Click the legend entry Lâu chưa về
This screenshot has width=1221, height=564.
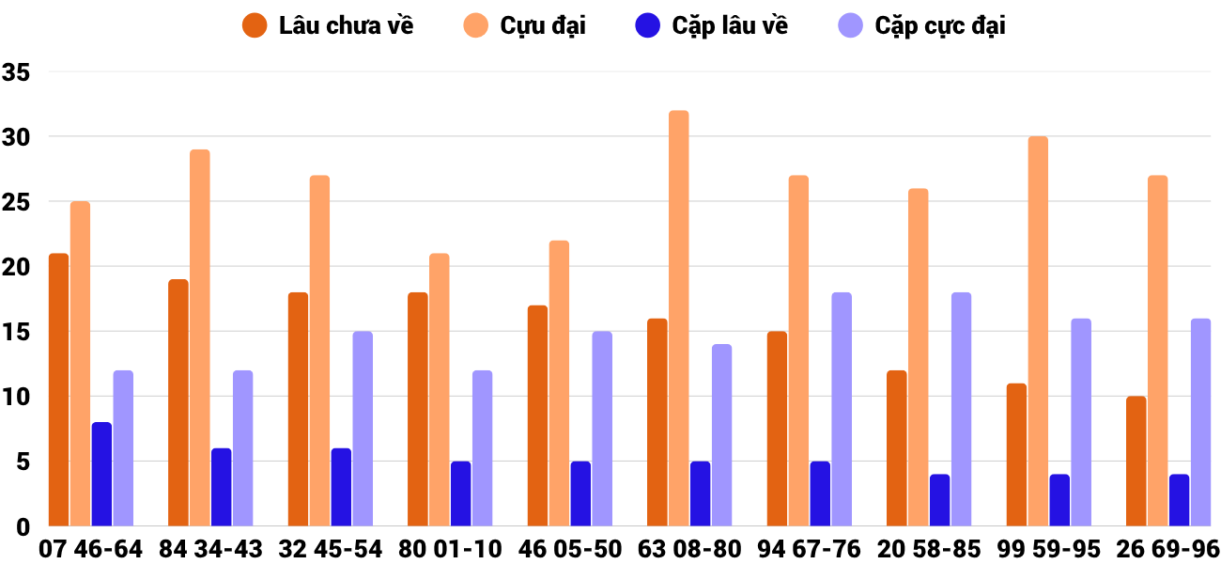tap(328, 26)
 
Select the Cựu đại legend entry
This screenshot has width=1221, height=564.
tap(526, 26)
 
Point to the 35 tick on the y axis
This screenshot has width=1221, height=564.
tap(17, 72)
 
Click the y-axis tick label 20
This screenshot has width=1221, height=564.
tap(17, 267)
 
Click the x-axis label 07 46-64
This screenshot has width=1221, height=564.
tap(90, 549)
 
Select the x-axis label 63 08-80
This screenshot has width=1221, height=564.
tap(689, 549)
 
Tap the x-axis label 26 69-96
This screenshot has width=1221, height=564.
tap(1167, 549)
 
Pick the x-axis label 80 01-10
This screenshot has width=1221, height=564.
tap(450, 549)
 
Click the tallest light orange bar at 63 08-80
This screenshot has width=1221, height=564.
tap(678, 319)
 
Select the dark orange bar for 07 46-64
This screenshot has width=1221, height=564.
tap(58, 390)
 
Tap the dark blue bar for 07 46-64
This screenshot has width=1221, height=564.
tap(101, 475)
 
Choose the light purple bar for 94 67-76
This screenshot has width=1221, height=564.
tap(842, 410)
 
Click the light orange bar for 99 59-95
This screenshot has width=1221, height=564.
tap(1038, 332)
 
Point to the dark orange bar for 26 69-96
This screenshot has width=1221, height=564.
tap(1136, 462)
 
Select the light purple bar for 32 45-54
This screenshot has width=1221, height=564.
tap(363, 429)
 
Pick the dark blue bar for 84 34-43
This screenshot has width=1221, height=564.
tap(221, 487)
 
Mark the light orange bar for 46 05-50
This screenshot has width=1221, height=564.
tap(559, 384)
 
